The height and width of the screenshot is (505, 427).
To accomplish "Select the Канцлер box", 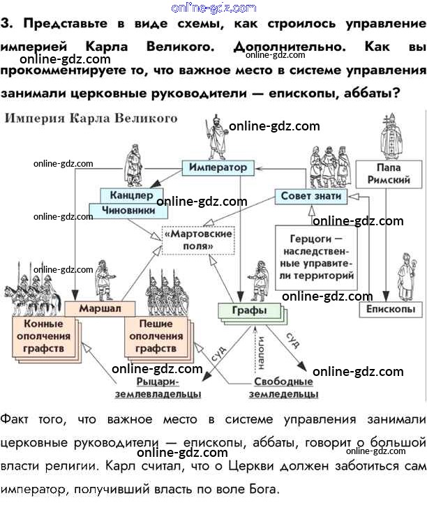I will click(127, 195).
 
